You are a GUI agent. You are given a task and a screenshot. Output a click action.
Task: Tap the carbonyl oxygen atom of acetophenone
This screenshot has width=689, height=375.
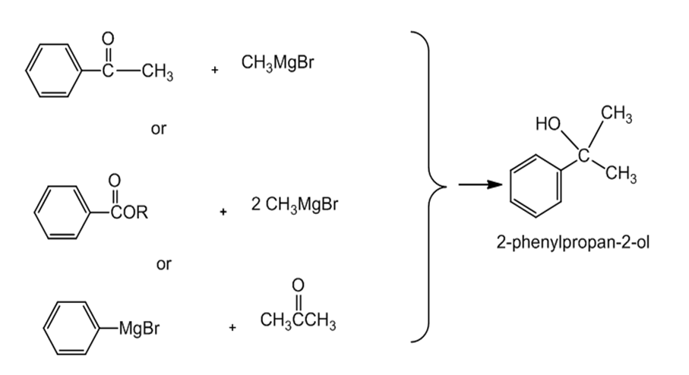point(108,39)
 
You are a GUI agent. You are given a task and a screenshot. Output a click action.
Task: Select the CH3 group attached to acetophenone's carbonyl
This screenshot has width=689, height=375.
point(157,71)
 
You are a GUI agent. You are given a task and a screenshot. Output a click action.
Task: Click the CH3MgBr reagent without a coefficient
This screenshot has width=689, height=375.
point(278,63)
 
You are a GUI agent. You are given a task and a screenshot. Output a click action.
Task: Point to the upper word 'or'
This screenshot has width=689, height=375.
point(159,128)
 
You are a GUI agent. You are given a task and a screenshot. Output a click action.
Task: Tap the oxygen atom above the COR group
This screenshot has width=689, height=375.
point(114,180)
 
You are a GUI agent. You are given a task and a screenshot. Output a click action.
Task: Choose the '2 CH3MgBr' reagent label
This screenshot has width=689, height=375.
point(295,205)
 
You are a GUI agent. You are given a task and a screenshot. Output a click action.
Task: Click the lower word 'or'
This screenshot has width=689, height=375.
point(164,264)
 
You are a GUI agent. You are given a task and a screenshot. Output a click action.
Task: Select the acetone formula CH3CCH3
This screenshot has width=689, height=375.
point(298,320)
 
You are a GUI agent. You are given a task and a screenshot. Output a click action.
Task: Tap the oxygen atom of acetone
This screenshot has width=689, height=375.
point(298,285)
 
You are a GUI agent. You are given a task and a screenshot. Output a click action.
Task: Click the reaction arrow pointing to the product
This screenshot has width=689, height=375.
point(480,185)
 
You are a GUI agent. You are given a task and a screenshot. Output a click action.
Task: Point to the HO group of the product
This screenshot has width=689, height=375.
point(548,124)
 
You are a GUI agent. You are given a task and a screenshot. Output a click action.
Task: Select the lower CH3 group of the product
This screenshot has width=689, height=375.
point(621,174)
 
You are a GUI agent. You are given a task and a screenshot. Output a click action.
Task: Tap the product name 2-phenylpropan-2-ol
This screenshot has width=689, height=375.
point(573,242)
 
